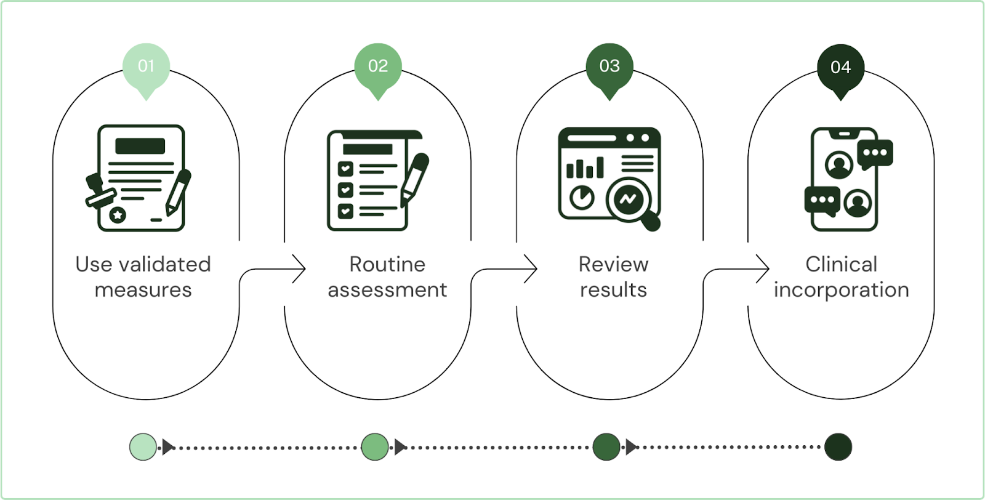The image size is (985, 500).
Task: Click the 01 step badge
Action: point(146,67)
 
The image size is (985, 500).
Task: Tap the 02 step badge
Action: point(378,67)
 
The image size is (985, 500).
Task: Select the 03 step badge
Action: point(609,67)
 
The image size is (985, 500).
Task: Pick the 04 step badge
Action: point(840,67)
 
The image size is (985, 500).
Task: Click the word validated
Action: point(164,265)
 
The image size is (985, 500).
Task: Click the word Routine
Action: point(387,265)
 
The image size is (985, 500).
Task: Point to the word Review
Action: point(613,265)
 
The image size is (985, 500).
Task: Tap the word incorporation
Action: point(841,290)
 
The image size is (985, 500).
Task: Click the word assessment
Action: point(387,290)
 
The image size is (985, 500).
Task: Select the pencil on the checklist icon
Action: point(414,179)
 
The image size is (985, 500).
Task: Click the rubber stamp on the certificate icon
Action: point(99,192)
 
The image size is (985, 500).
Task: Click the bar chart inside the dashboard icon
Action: point(584,167)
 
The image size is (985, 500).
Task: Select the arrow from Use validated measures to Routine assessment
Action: point(277,269)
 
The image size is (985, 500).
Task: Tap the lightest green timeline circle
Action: point(143,446)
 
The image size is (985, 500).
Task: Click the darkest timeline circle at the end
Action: point(838,446)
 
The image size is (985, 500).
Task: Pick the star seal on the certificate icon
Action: point(118,215)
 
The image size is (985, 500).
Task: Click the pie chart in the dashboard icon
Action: point(581,198)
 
